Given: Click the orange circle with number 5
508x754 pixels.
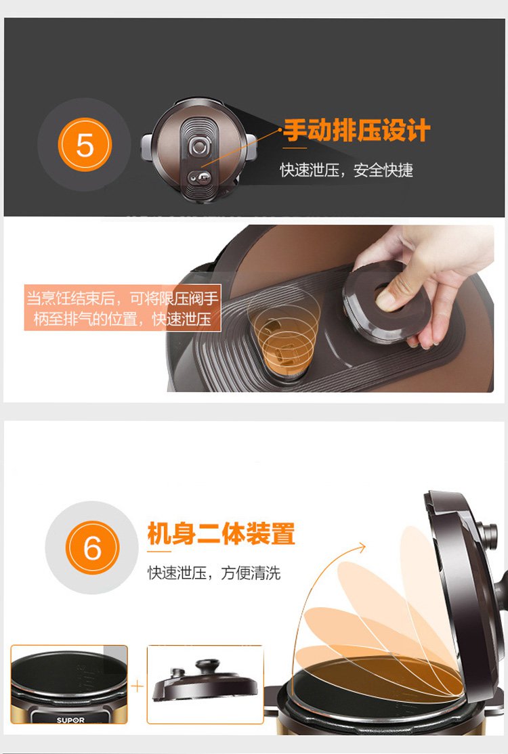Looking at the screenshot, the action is (85, 145).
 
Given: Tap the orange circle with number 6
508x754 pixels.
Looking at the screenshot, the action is (92, 548).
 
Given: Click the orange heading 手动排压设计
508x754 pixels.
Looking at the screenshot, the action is (356, 131).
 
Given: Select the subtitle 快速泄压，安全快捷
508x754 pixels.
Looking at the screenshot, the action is (347, 170).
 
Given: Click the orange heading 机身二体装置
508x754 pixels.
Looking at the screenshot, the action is (221, 533).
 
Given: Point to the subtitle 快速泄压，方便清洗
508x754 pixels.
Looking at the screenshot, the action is (214, 573).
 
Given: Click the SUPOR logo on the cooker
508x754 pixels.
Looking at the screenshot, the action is (70, 720).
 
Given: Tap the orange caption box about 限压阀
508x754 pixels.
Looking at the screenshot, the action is (123, 308).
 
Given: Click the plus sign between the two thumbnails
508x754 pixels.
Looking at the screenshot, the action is (137, 686).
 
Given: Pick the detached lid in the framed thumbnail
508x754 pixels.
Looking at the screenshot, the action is (205, 681).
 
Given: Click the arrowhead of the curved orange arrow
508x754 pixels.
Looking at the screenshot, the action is (361, 548).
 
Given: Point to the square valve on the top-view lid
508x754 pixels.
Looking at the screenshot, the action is (199, 146).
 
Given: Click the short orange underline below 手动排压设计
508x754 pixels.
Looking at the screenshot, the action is (295, 148).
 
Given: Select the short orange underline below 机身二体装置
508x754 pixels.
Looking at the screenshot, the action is (158, 551).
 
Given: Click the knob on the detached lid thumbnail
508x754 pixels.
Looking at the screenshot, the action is (207, 667).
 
